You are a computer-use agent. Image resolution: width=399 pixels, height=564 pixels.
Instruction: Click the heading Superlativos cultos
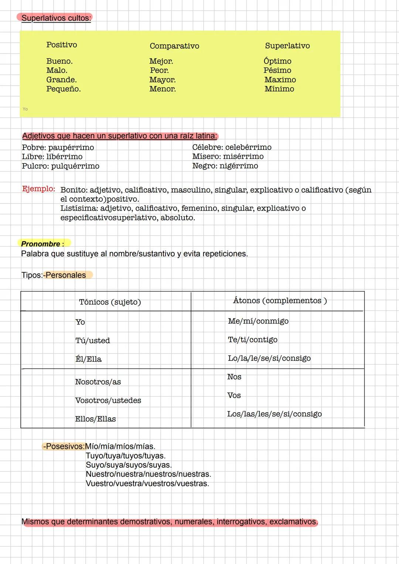56,18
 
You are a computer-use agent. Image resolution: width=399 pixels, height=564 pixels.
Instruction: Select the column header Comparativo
174,46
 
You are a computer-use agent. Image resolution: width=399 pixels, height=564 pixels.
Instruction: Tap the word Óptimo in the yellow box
277,61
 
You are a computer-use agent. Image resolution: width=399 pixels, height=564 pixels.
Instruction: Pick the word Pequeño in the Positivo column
63,89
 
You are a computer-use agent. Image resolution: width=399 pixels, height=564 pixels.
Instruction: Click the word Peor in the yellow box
159,71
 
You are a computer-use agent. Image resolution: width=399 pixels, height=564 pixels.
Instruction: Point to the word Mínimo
279,89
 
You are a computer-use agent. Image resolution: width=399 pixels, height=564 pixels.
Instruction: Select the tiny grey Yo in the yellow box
25,109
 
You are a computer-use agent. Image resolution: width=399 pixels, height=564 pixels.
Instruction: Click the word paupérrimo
71,148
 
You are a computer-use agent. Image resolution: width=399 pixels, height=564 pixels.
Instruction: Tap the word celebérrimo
248,147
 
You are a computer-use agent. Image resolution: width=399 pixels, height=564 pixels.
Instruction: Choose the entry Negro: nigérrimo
225,166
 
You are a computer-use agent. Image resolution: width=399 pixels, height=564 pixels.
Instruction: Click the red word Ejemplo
38,189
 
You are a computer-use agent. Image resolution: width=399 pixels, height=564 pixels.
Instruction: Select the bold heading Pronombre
41,244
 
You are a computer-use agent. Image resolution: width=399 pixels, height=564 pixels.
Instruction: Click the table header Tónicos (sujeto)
110,302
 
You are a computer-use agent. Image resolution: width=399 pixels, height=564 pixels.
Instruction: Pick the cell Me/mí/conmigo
258,321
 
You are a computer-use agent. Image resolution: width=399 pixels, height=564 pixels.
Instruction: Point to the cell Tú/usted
92,341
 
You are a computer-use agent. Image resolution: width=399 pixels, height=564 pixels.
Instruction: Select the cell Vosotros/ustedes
108,400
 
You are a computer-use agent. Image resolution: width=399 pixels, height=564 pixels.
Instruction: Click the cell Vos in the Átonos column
234,396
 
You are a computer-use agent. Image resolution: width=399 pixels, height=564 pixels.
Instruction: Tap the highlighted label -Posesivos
64,446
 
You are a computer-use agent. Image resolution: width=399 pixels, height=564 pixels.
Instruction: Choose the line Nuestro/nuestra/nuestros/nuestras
148,474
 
